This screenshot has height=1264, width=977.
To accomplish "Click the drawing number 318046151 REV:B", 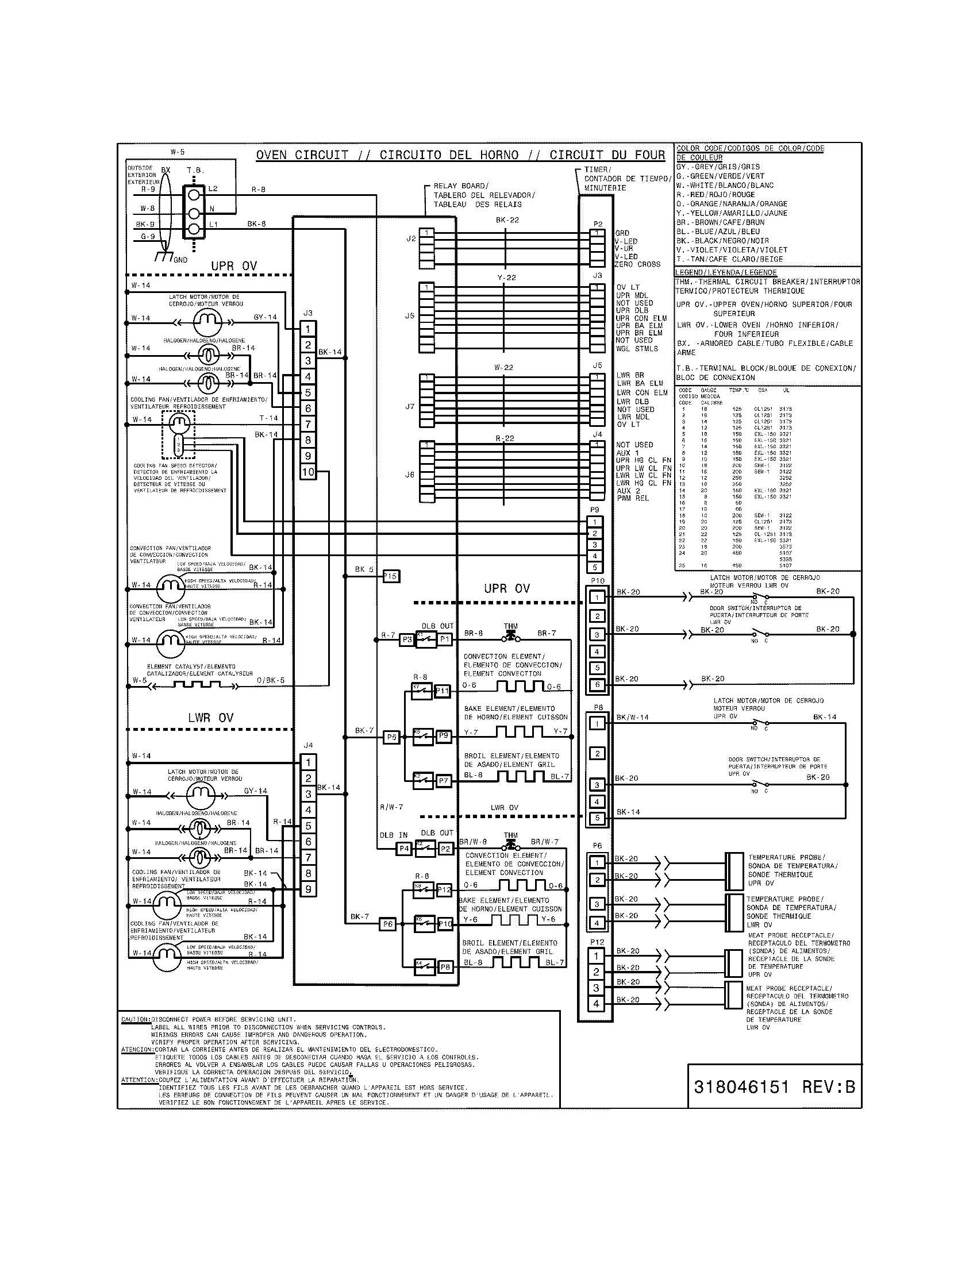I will (x=774, y=1086).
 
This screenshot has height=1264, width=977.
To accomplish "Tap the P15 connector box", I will (x=391, y=576).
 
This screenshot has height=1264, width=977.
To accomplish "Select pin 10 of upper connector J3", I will (x=308, y=472).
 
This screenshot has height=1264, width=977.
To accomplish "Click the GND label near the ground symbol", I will (x=180, y=260).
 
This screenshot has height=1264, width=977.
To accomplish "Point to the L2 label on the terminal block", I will (x=213, y=188).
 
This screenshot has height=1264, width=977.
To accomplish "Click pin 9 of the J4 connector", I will (x=309, y=889).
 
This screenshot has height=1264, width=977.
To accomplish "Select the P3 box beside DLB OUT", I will (x=407, y=639).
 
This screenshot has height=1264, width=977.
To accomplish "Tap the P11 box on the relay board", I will (x=442, y=691).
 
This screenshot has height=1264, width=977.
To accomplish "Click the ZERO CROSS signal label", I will (x=637, y=264).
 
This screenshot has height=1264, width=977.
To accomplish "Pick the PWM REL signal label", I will (x=633, y=498).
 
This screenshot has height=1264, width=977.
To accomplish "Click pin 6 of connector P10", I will (x=597, y=685).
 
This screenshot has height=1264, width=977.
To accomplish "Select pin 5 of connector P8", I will (x=597, y=818).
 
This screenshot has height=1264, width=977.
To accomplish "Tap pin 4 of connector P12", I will (x=597, y=1004).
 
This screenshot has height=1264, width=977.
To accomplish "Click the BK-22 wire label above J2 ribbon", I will (x=507, y=220).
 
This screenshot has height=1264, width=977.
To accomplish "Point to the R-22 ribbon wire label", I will (x=505, y=439).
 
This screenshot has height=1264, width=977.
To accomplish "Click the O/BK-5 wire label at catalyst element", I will (x=270, y=680).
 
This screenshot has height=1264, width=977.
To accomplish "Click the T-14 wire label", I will (x=268, y=418).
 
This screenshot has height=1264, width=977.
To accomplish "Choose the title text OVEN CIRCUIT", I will (x=302, y=155).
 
